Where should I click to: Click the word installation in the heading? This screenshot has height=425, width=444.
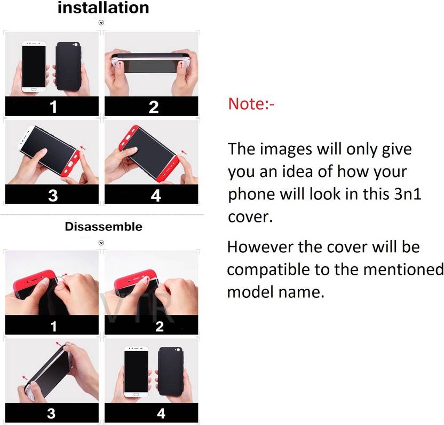(x=104, y=7)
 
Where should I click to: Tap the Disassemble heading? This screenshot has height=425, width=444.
(x=104, y=227)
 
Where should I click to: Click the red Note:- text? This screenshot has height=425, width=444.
(x=251, y=104)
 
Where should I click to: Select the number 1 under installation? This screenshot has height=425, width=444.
(x=53, y=107)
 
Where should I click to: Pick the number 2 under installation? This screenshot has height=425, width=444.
(x=154, y=107)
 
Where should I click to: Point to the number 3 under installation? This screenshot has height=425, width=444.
(x=53, y=196)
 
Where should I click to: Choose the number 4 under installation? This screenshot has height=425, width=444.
(x=156, y=196)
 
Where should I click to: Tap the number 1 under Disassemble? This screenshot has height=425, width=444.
(x=53, y=326)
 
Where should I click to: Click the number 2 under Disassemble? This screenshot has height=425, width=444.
(x=160, y=326)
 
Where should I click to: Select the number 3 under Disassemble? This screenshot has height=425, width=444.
(x=51, y=413)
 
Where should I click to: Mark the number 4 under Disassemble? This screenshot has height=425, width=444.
(x=161, y=413)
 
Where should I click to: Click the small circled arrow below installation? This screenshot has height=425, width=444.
(x=101, y=22)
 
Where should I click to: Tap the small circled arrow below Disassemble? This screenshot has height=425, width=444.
(x=101, y=243)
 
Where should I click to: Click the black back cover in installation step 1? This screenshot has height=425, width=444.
(x=68, y=66)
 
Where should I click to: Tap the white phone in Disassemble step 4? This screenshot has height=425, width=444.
(x=136, y=371)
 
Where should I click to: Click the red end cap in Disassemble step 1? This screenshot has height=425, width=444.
(x=34, y=281)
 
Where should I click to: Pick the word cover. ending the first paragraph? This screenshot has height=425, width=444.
(x=250, y=217)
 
